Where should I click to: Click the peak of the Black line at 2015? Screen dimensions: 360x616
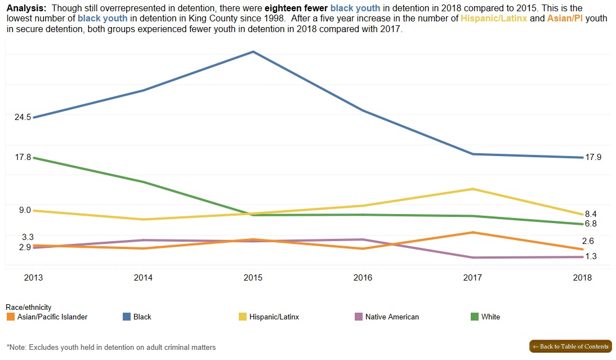[x=253, y=52]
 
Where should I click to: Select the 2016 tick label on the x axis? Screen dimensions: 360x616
[x=363, y=278]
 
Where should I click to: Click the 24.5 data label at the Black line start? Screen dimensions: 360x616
[x=23, y=117]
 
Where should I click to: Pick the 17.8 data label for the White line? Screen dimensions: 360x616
[x=23, y=157]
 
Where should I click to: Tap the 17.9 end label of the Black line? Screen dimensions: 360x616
[x=593, y=157]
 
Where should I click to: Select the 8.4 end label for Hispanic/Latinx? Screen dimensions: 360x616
[x=591, y=214]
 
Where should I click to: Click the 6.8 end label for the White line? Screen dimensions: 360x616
[x=591, y=224]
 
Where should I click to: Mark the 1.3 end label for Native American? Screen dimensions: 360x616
[x=591, y=256]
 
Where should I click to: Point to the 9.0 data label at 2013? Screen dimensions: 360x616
[x=25, y=210]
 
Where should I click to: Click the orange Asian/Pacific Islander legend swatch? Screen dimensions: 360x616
[x=10, y=317]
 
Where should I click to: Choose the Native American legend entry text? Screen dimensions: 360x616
[x=392, y=317]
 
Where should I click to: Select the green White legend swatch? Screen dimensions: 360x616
[x=474, y=317]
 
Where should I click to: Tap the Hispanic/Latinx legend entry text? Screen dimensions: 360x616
[x=274, y=317]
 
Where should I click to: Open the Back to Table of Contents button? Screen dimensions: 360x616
[x=570, y=346]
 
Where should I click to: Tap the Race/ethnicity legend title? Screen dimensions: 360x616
[x=28, y=307]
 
